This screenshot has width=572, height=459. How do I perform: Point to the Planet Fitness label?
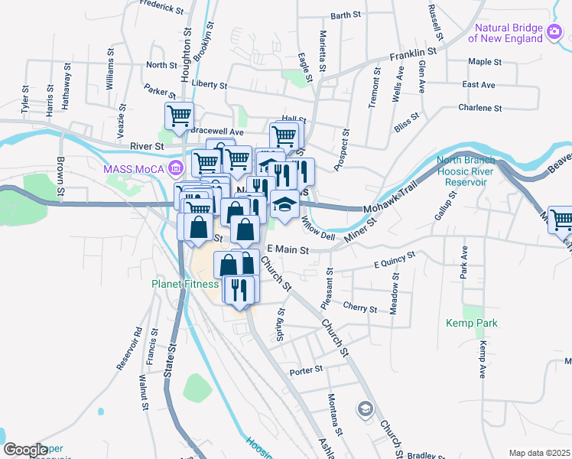[x=184, y=283]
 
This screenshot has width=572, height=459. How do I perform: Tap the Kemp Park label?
[x=472, y=324]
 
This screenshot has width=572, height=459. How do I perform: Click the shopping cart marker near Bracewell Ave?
[x=179, y=117]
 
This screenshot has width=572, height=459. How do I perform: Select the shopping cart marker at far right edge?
[x=561, y=220]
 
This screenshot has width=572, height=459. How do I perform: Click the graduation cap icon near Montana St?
[x=365, y=409]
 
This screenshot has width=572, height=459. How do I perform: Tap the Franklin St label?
[x=412, y=54]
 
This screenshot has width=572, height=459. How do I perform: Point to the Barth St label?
[x=346, y=15]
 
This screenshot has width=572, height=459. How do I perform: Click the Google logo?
[x=24, y=450]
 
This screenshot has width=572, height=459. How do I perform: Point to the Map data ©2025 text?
[x=539, y=453]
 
